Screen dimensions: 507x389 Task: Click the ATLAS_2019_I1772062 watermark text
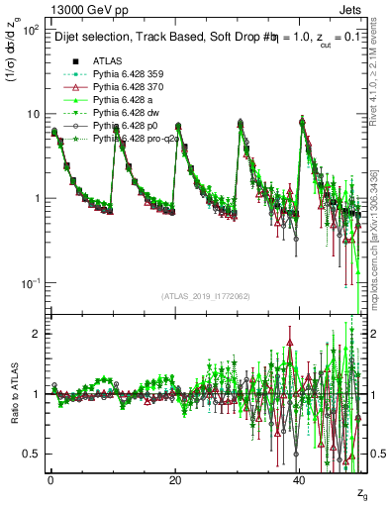pos(207,297)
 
